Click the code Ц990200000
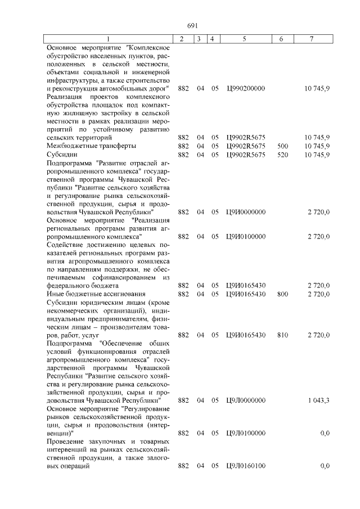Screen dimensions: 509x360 point(245,89)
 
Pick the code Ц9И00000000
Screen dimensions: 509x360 point(246,212)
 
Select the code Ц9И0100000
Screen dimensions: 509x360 point(245,237)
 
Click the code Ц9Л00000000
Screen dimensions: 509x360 point(246,400)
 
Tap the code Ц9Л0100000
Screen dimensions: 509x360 point(245,433)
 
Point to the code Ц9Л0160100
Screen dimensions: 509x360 point(245,466)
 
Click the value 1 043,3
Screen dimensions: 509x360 point(318,400)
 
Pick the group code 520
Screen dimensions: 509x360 point(283,154)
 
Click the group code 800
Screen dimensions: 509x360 point(283,294)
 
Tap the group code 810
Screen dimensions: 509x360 point(283,335)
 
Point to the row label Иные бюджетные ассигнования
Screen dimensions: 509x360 point(96,294)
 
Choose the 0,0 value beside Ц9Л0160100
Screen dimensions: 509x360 point(325,466)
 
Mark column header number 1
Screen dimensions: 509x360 point(109,39)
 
